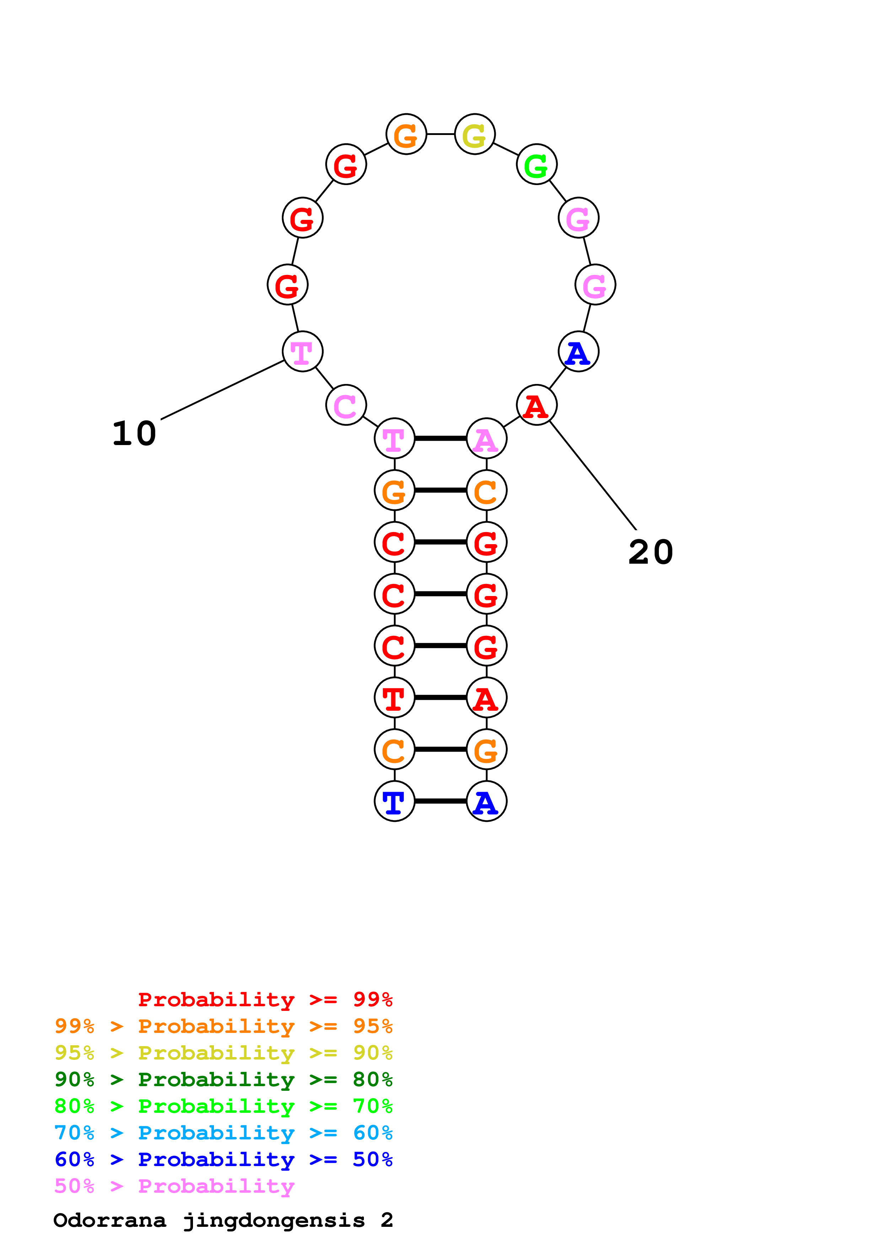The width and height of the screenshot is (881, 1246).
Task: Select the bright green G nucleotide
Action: [x=536, y=164]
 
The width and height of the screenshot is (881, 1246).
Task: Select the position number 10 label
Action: [x=134, y=434]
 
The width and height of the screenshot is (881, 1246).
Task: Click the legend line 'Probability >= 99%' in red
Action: [x=265, y=999]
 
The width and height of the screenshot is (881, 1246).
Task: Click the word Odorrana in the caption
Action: [x=110, y=1220]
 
